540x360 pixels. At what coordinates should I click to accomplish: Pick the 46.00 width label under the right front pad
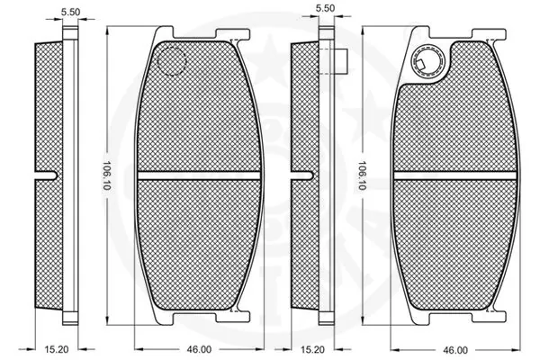(x=455, y=349)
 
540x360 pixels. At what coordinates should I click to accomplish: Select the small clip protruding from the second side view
(x=341, y=61)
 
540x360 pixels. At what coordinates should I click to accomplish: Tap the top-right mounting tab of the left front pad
(x=237, y=40)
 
